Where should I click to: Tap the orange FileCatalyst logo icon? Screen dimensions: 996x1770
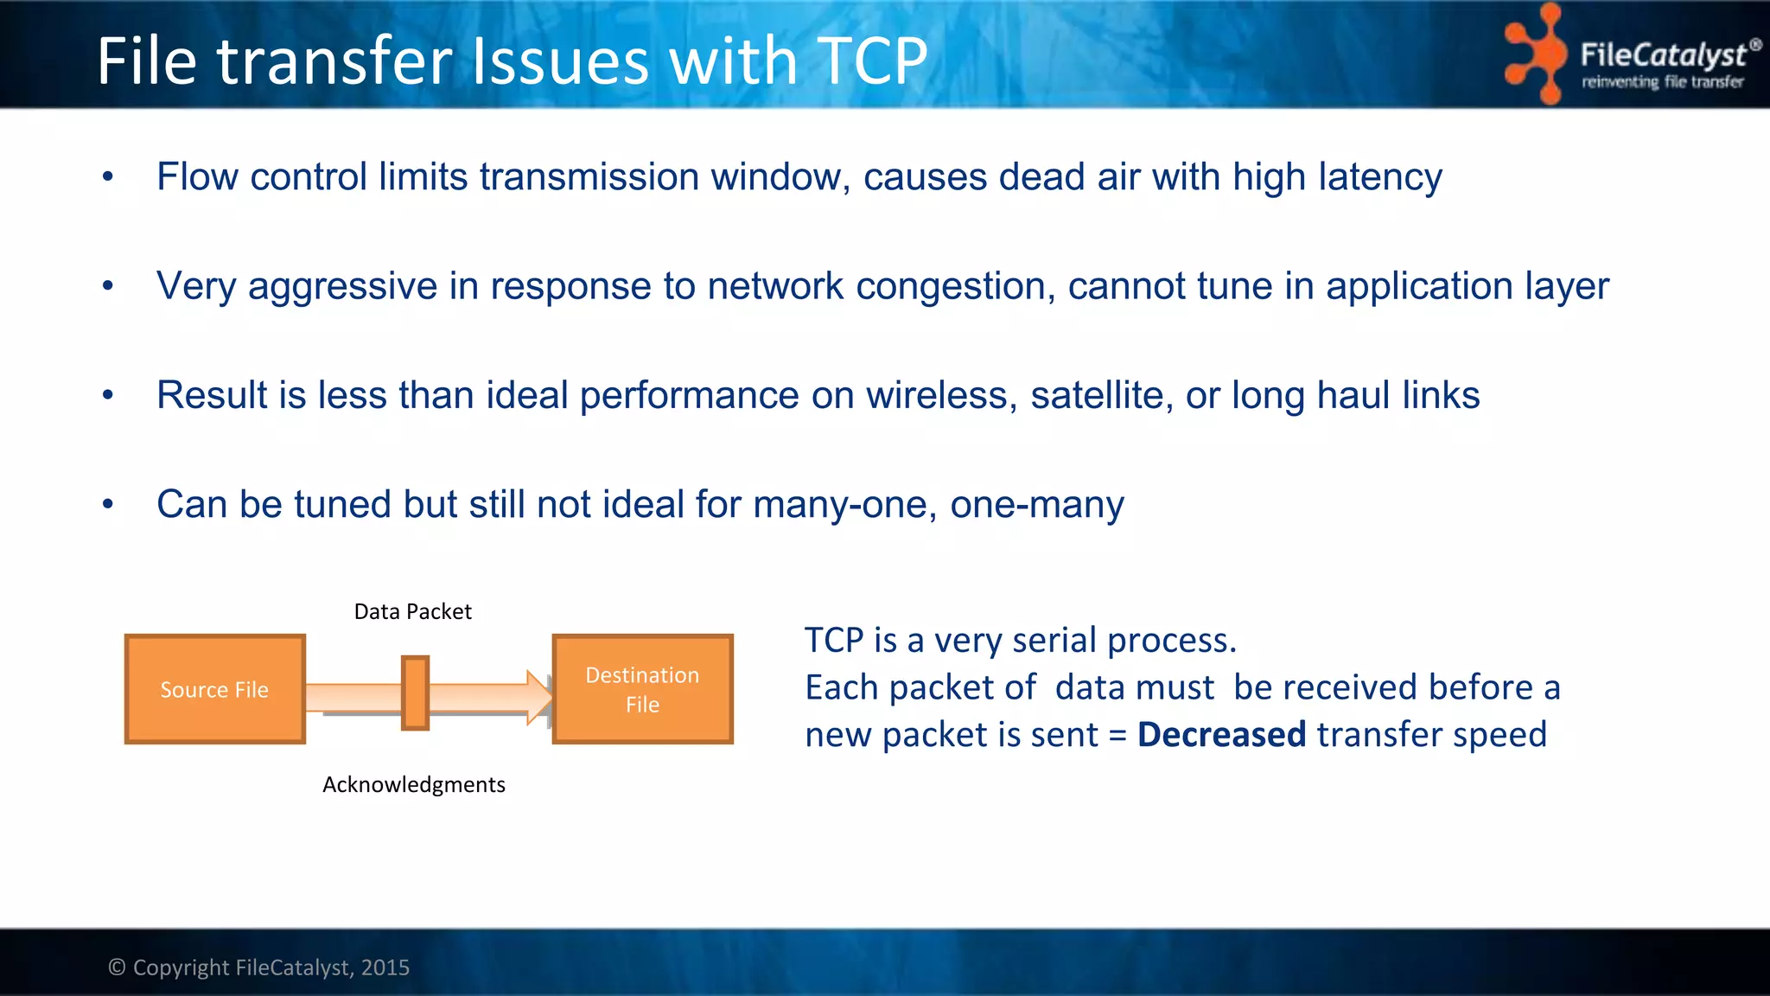[1536, 54]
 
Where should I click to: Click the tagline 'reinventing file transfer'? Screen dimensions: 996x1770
[1662, 82]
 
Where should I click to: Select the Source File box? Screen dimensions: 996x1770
[214, 689]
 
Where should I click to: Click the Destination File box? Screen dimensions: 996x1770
[642, 689]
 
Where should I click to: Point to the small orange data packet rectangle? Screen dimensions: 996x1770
[415, 693]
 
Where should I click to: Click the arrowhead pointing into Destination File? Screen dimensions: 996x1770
[540, 697]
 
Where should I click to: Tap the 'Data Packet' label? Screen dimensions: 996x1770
[412, 611]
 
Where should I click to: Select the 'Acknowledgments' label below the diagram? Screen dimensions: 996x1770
[413, 784]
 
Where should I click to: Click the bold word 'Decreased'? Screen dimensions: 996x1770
[1221, 734]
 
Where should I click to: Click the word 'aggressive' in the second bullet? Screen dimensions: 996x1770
[342, 286]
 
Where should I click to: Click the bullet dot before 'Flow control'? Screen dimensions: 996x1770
[108, 177]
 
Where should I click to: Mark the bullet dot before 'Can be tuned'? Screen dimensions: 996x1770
[108, 504]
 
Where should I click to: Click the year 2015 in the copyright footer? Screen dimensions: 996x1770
[385, 967]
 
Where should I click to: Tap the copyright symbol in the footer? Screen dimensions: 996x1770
[117, 967]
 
